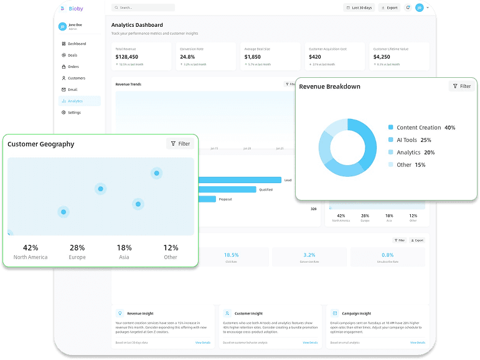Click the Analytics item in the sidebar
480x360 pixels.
75,101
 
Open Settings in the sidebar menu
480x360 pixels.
74,113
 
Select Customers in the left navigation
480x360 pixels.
77,78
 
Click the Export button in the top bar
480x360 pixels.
389,8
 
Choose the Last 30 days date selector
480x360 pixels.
359,8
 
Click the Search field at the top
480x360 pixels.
143,7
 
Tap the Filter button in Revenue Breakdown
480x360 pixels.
461,87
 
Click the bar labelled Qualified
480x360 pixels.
227,189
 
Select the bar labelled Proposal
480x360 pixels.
207,199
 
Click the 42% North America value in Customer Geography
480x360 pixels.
31,247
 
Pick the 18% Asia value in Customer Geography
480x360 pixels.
124,247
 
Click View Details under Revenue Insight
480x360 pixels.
203,343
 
